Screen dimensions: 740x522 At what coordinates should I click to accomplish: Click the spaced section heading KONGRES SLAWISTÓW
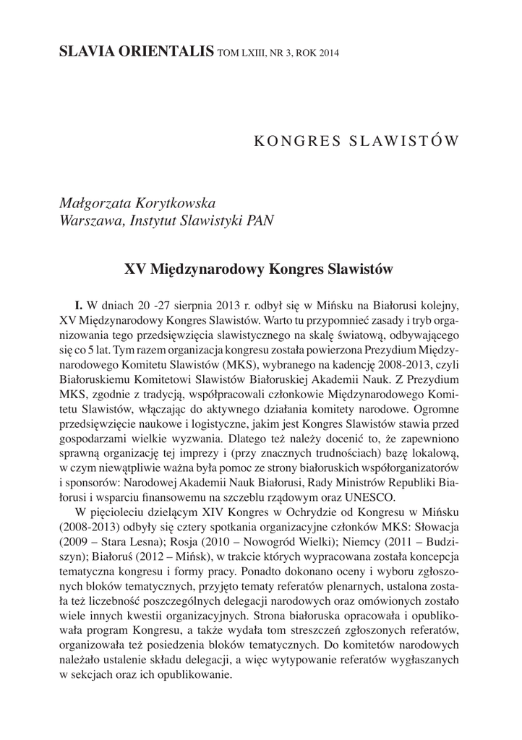(x=356, y=139)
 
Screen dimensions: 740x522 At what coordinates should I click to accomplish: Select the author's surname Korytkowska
(x=168, y=202)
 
